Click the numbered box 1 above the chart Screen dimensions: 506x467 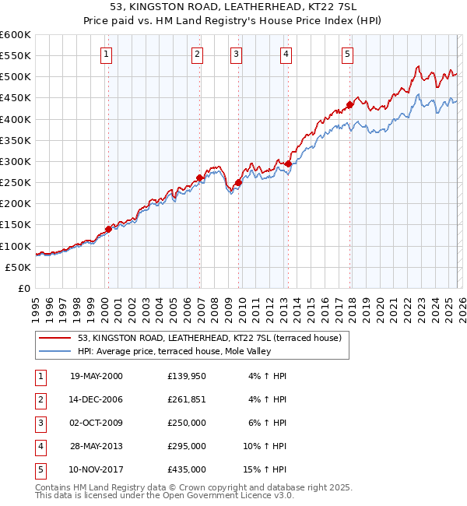[x=106, y=54]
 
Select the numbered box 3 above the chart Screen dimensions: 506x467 [x=235, y=54]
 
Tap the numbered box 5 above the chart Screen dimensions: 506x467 [x=346, y=54]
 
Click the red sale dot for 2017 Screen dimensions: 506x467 [x=350, y=104]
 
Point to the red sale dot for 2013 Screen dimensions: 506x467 [x=288, y=163]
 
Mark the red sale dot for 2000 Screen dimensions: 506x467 [x=109, y=229]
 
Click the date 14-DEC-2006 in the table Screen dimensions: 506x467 [x=96, y=399]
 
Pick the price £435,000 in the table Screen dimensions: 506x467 [x=186, y=469]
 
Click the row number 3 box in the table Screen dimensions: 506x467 [x=40, y=423]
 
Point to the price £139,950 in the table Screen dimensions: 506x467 [x=186, y=376]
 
